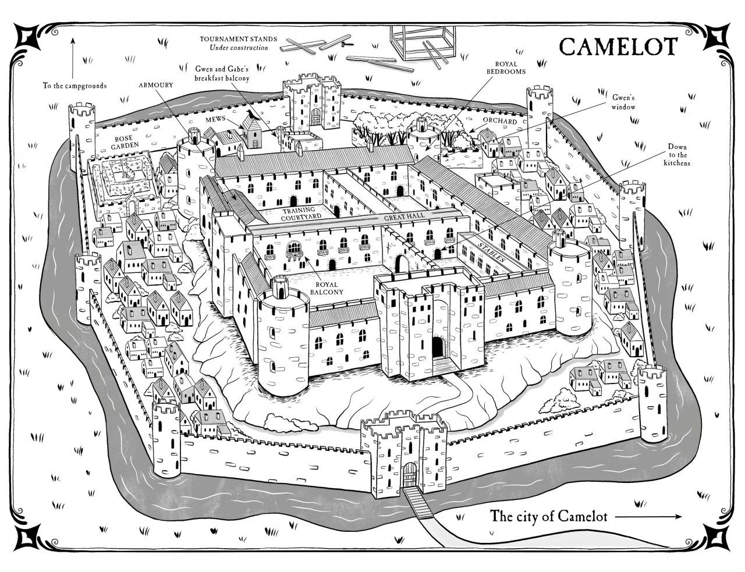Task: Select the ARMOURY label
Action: [155, 85]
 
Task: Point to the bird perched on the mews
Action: [251, 115]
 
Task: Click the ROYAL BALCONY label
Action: [329, 288]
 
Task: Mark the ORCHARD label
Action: [500, 121]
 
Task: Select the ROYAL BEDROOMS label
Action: [506, 68]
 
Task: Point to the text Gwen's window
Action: [623, 102]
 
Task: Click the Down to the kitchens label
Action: [677, 155]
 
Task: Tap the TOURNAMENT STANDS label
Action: [239, 39]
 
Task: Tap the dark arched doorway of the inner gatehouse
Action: [438, 347]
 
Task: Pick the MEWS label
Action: [215, 119]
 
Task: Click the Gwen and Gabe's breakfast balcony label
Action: [222, 73]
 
